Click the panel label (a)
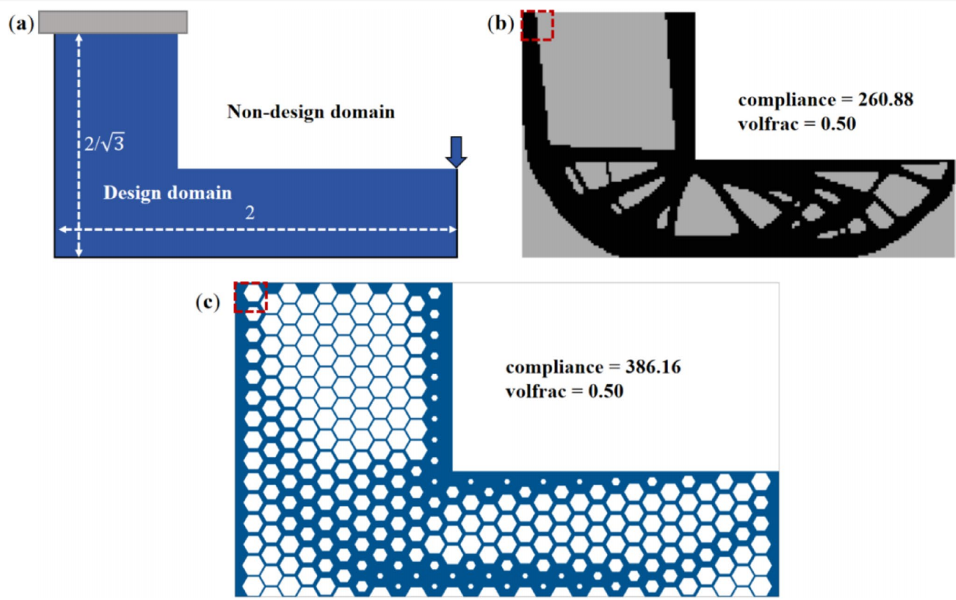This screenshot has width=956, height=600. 21,24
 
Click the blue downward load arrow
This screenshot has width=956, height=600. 457,151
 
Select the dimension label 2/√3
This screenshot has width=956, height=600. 104,143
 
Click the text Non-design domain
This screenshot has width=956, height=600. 311,113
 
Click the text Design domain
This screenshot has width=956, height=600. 167,193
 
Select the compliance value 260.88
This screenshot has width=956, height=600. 882,99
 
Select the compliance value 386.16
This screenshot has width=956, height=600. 650,367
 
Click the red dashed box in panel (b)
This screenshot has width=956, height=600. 536,24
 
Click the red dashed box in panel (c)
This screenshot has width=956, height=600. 250,297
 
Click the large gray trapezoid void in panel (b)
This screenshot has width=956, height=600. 606,85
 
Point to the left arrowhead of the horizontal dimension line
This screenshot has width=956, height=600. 61,229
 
